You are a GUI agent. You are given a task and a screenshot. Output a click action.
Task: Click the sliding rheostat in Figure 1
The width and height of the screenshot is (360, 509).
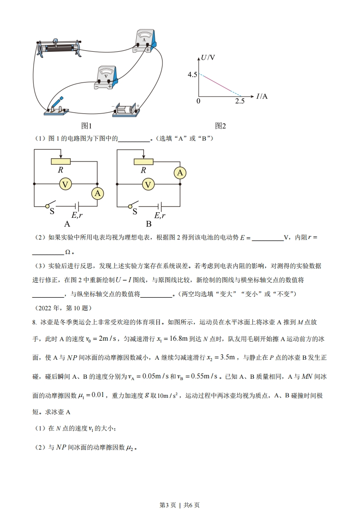click(59, 47)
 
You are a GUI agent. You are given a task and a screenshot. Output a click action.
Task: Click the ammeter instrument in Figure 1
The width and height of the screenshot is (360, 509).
click(146, 41)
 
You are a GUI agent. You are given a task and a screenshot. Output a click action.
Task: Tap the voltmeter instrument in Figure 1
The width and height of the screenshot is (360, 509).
click(107, 78)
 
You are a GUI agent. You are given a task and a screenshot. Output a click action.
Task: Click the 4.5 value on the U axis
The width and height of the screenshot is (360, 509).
click(192, 74)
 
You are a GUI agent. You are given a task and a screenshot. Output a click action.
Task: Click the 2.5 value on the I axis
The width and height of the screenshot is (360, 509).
click(240, 101)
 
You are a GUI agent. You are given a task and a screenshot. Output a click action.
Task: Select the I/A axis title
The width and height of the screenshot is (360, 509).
click(262, 96)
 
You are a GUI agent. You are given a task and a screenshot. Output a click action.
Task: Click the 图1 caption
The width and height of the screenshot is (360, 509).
click(86, 126)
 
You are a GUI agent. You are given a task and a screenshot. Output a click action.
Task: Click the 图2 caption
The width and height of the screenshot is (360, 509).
click(221, 126)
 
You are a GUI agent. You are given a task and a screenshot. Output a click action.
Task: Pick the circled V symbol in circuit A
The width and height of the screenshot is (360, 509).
click(65, 184)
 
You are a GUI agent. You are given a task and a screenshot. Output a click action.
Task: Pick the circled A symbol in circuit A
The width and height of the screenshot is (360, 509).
click(98, 194)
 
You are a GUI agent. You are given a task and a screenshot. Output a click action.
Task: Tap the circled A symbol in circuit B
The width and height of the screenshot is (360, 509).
click(180, 173)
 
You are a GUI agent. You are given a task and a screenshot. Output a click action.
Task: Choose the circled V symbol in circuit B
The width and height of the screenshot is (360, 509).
click(148, 184)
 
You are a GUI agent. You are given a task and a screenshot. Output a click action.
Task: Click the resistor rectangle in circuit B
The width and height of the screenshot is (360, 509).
click(143, 162)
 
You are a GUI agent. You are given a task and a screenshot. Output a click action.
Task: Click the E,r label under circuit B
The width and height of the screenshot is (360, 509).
click(159, 215)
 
